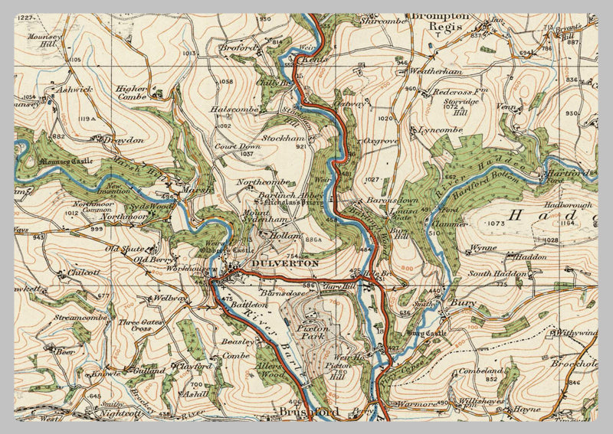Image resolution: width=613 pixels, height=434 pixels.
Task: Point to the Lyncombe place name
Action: (x=441, y=131)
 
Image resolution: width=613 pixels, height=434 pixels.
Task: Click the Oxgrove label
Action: (x=380, y=141)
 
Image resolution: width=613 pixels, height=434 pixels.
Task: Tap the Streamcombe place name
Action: (x=79, y=315)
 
